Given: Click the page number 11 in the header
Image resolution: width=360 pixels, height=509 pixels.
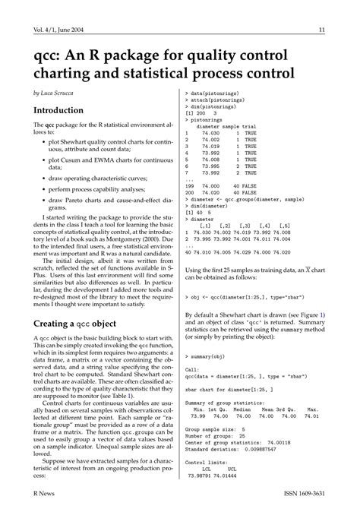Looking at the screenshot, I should pyautogui.click(x=322, y=30).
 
